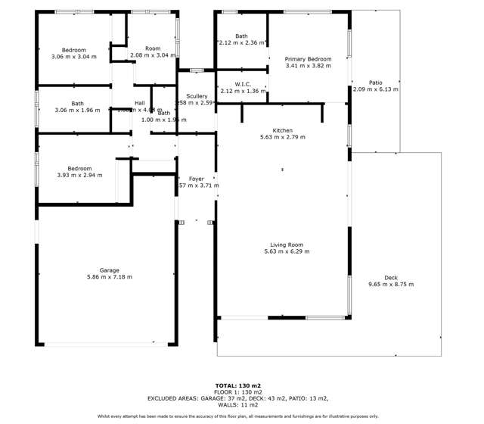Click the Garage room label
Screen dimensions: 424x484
pos(109,270)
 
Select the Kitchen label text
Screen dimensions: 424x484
pos(282,130)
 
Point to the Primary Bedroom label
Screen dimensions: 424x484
pos(308,59)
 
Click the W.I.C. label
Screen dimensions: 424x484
pos(243,84)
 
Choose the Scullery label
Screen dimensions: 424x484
pos(197,97)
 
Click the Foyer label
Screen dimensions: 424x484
pos(197,179)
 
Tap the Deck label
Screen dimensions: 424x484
pos(391,278)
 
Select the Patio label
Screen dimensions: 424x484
pos(375,83)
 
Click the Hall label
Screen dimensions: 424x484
pos(140,103)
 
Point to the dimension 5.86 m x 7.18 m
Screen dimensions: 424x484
pos(109,278)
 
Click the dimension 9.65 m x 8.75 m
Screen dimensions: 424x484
pos(391,285)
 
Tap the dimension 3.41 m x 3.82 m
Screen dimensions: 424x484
pos(308,66)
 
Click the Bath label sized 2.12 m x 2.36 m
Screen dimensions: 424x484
pos(241,36)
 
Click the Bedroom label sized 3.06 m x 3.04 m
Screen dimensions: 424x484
pos(73,49)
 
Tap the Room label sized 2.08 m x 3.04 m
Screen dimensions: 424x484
pos(153,48)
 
